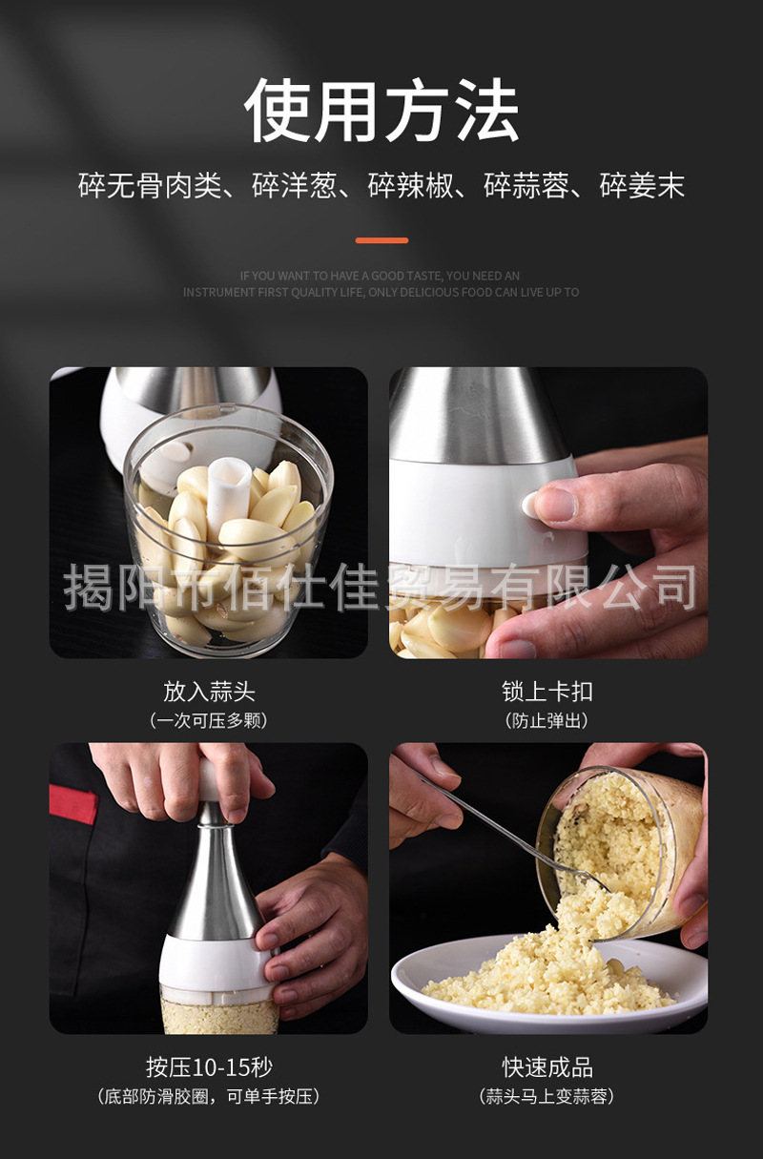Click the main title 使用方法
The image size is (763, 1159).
(x=381, y=113)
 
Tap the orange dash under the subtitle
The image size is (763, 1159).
(x=381, y=240)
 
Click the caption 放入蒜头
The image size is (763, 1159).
(x=209, y=691)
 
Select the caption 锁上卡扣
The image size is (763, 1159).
(x=547, y=691)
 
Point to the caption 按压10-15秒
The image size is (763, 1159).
(x=209, y=1066)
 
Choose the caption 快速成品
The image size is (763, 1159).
(x=547, y=1066)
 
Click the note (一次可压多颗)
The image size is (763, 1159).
(x=209, y=720)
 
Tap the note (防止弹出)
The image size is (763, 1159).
(x=547, y=720)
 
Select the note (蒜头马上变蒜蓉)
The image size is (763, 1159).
(x=547, y=1096)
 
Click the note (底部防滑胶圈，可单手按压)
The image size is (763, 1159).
(x=209, y=1096)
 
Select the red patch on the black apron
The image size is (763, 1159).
(x=72, y=804)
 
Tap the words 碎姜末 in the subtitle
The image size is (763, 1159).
(x=642, y=186)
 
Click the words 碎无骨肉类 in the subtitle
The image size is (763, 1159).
(x=149, y=186)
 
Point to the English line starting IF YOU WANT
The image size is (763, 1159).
(x=381, y=276)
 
